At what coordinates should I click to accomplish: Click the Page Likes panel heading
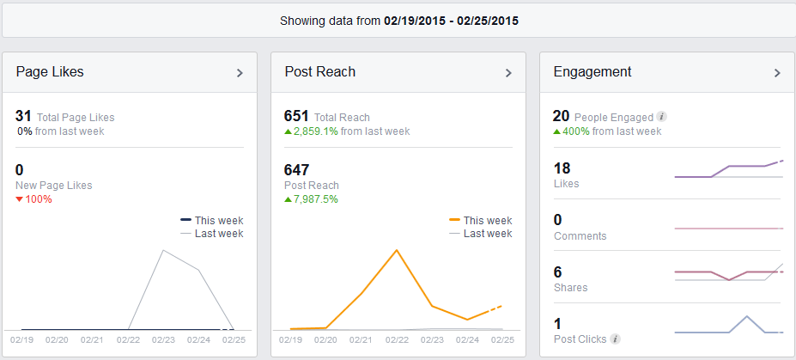pos(50,72)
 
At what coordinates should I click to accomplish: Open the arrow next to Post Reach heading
pos(508,73)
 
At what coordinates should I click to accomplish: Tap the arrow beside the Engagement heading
pos(777,73)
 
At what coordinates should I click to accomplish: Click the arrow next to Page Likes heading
pos(240,73)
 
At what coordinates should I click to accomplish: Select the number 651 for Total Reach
pos(296,116)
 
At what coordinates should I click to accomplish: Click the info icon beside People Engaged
pos(661,117)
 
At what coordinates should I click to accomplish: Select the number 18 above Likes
pos(562,168)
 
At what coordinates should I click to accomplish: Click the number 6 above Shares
pos(558,272)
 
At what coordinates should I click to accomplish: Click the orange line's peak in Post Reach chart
pos(397,250)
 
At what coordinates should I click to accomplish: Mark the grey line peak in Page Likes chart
pos(163,250)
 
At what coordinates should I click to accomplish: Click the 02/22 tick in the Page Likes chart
pos(128,340)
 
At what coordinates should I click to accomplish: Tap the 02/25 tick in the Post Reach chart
pos(502,340)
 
